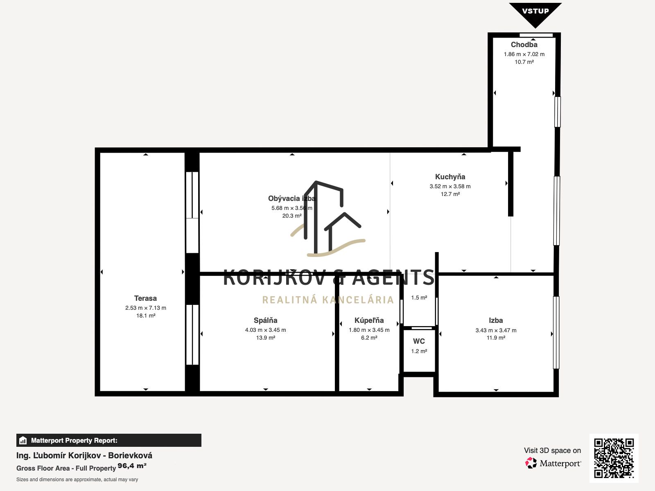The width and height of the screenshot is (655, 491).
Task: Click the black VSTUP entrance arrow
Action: tap(535, 14)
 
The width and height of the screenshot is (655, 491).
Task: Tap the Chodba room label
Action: tap(524, 45)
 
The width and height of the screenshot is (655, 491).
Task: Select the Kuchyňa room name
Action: tap(450, 177)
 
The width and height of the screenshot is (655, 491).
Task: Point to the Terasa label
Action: tap(145, 298)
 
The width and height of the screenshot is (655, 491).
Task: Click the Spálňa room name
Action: tap(265, 320)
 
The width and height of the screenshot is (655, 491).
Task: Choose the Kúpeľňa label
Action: tap(369, 320)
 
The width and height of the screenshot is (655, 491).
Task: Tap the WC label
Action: tap(419, 341)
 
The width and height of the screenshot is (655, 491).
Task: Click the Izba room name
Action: tap(496, 320)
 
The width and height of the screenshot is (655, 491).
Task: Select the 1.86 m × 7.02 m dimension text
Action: tap(524, 54)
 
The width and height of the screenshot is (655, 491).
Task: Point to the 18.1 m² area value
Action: tap(146, 315)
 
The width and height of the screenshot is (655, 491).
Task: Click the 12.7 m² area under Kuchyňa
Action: tap(450, 194)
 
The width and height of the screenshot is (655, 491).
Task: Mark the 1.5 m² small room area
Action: tap(419, 297)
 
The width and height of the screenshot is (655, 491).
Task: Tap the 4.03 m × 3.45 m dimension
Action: tap(265, 330)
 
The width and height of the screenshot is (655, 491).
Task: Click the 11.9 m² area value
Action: tap(496, 338)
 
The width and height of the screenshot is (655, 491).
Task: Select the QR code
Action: tap(614, 458)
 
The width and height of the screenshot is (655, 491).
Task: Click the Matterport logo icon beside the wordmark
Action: tap(531, 463)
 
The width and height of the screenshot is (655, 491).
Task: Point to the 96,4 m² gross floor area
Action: tap(132, 466)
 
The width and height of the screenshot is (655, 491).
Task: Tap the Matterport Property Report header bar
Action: tap(108, 440)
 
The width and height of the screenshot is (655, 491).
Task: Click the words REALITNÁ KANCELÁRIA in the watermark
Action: tap(328, 300)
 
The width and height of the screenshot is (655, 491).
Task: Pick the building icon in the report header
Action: tap(23, 440)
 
